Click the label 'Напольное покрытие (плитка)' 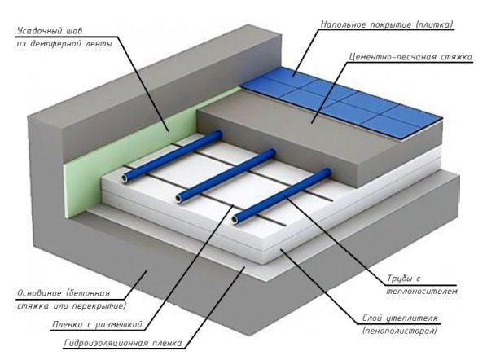pyautogui.click(x=386, y=24)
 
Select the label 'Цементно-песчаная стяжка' pyautogui.click(x=410, y=57)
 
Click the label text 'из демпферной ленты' pyautogui.click(x=64, y=44)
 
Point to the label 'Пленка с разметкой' pyautogui.click(x=97, y=325)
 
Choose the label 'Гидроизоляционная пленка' pyautogui.click(x=123, y=343)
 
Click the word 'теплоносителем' pyautogui.click(x=422, y=292)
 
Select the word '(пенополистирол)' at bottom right pyautogui.click(x=399, y=331)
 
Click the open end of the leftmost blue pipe pyautogui.click(x=125, y=178)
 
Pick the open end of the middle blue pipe pyautogui.click(x=179, y=198)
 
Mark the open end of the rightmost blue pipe pyautogui.click(x=235, y=220)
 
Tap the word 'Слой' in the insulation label pyautogui.click(x=372, y=318)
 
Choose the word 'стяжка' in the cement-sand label pyautogui.click(x=456, y=57)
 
